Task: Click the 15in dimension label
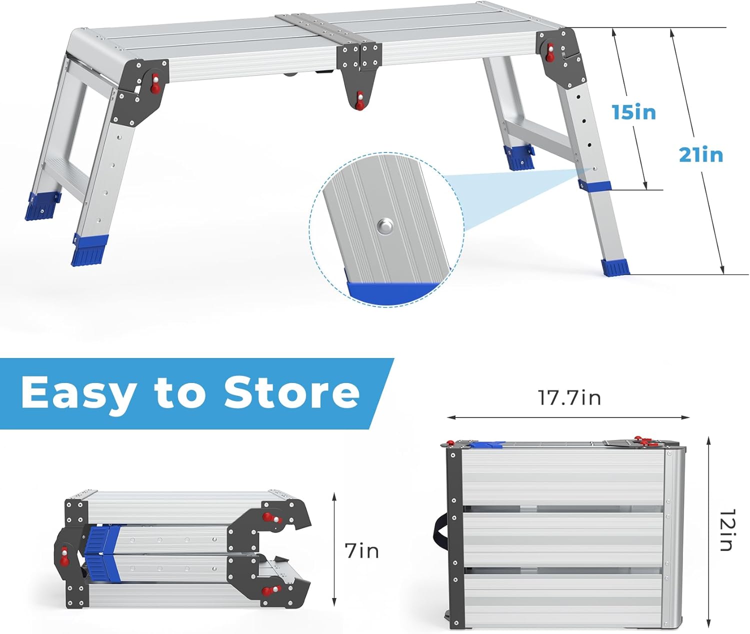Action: pos(634,112)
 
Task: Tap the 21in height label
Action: pos(701,154)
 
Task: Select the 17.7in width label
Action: pos(569,397)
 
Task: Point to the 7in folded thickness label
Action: pos(362,551)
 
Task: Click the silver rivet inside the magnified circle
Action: pos(385,226)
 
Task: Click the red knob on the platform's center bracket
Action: pos(359,100)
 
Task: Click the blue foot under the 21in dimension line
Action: pos(615,267)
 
